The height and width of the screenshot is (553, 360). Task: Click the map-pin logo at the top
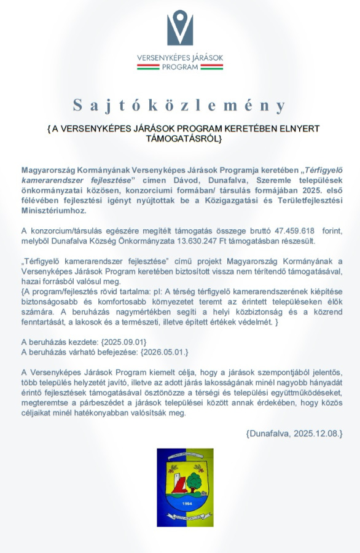tap(180, 28)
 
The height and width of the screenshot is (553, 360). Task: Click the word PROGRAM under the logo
tap(180, 67)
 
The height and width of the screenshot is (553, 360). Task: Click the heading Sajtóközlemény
tap(180, 105)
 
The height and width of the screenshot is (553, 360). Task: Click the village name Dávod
tap(220, 178)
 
